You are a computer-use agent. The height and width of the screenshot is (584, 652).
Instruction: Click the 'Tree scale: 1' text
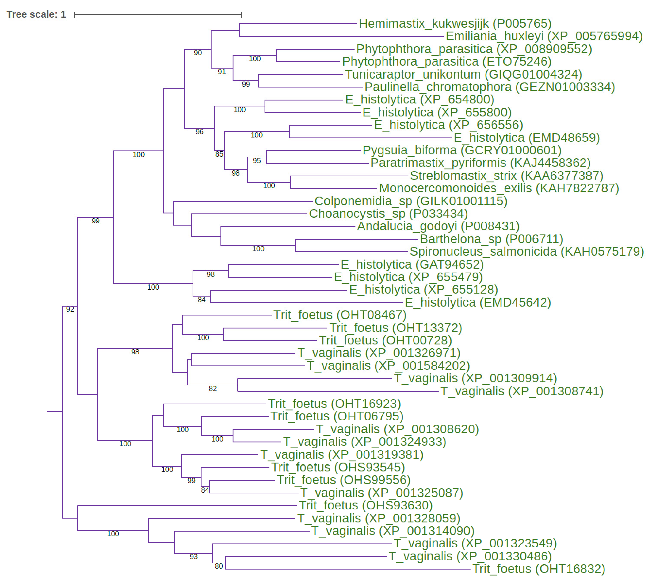pyautogui.click(x=36, y=14)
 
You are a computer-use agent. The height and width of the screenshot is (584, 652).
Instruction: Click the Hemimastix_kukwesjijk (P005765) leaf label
pyautogui.click(x=455, y=24)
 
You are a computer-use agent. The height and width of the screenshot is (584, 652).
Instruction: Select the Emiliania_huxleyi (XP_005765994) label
pyautogui.click(x=544, y=36)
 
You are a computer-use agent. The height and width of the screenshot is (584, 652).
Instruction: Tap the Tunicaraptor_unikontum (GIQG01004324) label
pyautogui.click(x=463, y=74)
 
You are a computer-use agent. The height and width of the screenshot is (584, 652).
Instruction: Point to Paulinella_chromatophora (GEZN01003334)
pyautogui.click(x=489, y=87)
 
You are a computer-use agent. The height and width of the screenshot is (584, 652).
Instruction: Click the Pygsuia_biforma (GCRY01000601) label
pyautogui.click(x=462, y=150)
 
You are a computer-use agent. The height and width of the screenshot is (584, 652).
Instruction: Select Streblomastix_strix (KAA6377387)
pyautogui.click(x=506, y=176)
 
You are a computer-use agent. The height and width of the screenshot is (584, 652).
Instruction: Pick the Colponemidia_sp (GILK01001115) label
pyautogui.click(x=410, y=201)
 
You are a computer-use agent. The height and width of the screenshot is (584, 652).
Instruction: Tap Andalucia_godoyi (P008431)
pyautogui.click(x=438, y=226)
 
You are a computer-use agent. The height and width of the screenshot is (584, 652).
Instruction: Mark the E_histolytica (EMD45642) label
pyautogui.click(x=478, y=303)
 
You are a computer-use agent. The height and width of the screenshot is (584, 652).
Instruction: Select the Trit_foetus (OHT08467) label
pyautogui.click(x=340, y=315)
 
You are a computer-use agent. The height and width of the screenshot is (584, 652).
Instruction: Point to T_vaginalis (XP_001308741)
pyautogui.click(x=522, y=392)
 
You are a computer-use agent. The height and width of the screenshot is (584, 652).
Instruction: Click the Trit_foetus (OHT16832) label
pyautogui.click(x=539, y=569)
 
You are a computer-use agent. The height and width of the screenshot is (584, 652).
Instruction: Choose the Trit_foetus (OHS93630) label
pyautogui.click(x=366, y=505)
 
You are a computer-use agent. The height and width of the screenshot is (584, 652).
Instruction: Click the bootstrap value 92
pyautogui.click(x=70, y=309)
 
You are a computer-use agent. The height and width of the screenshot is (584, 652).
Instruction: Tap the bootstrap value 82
pyautogui.click(x=213, y=389)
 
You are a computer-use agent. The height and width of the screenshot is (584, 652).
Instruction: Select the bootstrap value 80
pyautogui.click(x=219, y=566)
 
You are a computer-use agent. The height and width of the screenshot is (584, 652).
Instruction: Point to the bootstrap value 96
pyautogui.click(x=200, y=132)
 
